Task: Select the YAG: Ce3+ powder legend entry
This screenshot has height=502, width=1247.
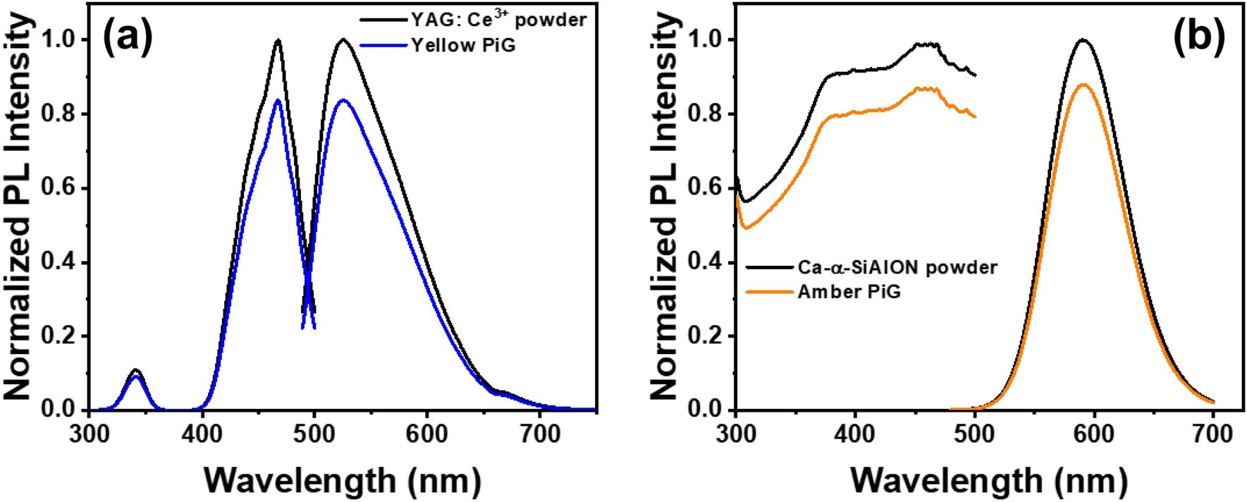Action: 498,19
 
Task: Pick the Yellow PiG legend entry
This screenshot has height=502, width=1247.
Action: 463,46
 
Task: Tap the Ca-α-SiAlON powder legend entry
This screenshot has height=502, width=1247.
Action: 897,267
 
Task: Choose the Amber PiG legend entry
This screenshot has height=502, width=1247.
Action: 849,292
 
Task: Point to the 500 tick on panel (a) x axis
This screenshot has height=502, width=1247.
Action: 314,434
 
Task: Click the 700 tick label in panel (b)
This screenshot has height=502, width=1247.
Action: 1212,434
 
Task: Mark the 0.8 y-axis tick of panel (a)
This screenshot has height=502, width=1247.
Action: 59,114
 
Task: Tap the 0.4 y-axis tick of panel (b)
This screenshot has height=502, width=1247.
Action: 704,262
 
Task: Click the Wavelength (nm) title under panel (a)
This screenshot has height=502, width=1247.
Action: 343,480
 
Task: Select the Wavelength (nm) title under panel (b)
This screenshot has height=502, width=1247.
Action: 988,480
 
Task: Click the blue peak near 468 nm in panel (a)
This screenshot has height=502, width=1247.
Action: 278,100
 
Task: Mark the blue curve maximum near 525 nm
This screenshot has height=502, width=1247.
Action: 343,100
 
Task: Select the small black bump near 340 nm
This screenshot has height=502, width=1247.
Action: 136,369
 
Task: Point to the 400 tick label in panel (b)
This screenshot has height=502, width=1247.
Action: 854,434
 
